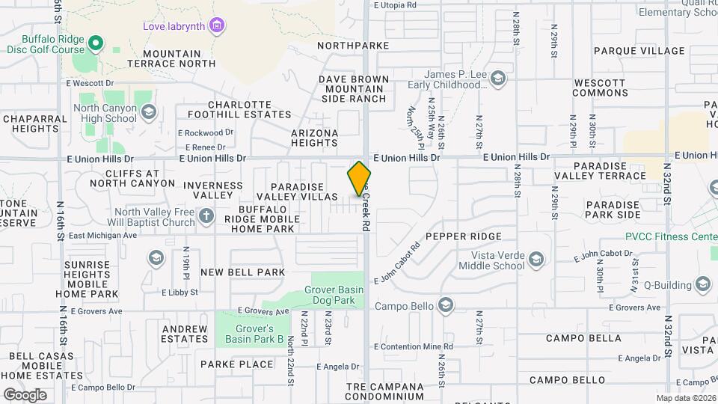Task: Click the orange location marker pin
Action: pyautogui.click(x=360, y=178)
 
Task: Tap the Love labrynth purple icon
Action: pyautogui.click(x=217, y=26)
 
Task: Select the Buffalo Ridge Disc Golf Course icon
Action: pyautogui.click(x=95, y=43)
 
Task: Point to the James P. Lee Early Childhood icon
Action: pyautogui.click(x=497, y=79)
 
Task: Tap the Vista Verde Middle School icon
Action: pyautogui.click(x=535, y=260)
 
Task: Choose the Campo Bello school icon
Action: pyautogui.click(x=447, y=305)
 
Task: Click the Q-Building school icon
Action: pyautogui.click(x=702, y=284)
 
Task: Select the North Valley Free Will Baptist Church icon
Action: pyautogui.click(x=207, y=217)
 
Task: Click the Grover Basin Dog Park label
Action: pyautogui.click(x=334, y=296)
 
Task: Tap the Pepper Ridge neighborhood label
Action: pyautogui.click(x=464, y=236)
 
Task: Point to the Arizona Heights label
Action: pyautogui.click(x=314, y=138)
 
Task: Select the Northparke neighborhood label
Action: pyautogui.click(x=353, y=46)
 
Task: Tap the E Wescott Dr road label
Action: pyautogui.click(x=89, y=83)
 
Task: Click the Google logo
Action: pyautogui.click(x=25, y=394)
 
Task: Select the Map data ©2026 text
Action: pyautogui.click(x=686, y=398)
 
